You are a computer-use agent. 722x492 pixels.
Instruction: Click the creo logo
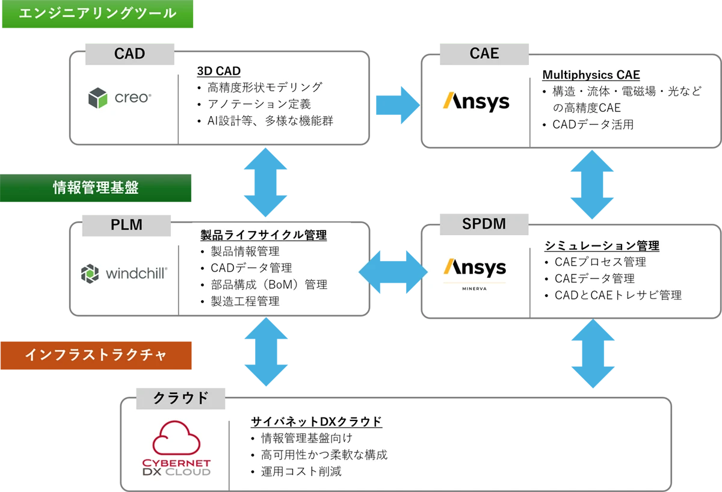pos(120,97)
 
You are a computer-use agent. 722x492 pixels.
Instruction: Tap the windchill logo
pos(124,274)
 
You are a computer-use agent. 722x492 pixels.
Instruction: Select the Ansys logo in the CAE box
pos(476,101)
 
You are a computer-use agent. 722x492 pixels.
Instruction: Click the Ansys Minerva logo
pos(475,272)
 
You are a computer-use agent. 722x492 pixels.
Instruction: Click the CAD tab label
pos(129,54)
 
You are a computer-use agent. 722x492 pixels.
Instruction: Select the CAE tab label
pos(484,54)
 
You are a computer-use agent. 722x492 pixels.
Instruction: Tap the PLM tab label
pos(126,225)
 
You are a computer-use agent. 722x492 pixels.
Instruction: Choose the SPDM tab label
pos(484,224)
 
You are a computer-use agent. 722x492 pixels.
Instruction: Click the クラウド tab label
pos(180,398)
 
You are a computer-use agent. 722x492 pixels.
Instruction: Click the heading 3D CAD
pos(219,71)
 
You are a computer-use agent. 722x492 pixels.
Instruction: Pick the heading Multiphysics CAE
pos(591,75)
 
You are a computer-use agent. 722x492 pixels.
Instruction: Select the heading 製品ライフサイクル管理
pos(264,235)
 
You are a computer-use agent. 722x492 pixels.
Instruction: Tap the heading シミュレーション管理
pos(602,245)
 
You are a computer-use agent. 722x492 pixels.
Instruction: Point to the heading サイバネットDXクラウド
pos(316,422)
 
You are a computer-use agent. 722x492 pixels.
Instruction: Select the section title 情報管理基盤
pos(96,188)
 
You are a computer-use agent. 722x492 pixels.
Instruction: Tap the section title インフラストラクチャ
pos(96,355)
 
